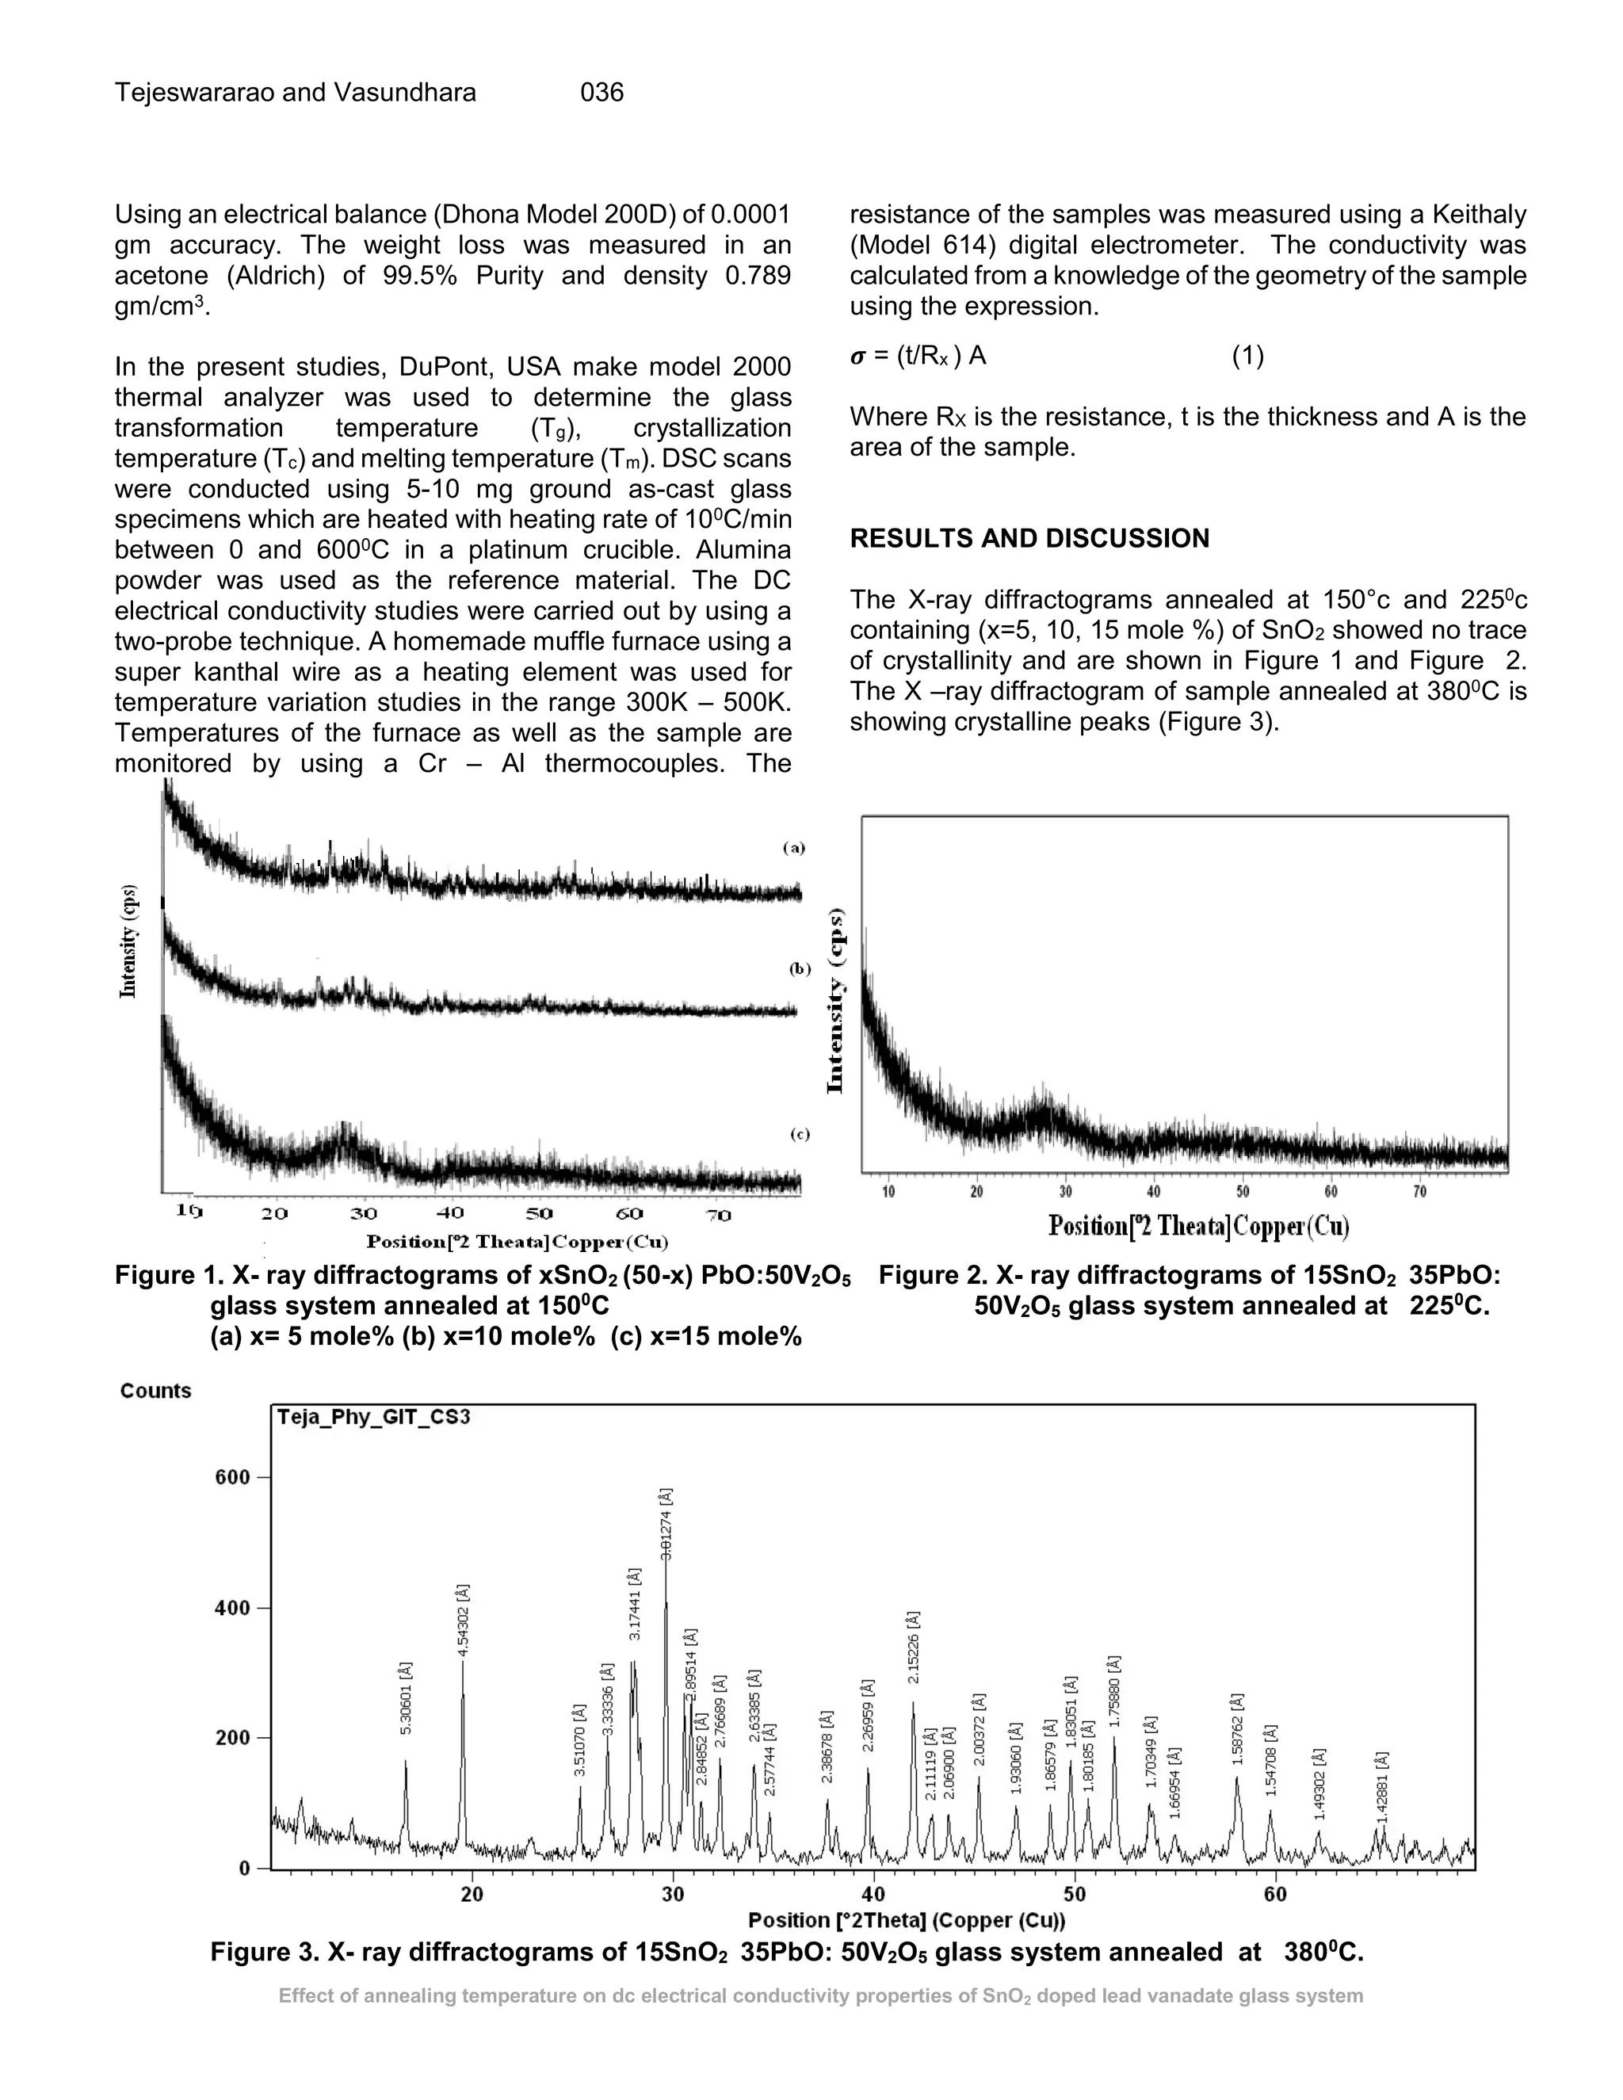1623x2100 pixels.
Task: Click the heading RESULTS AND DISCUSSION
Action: coord(1029,538)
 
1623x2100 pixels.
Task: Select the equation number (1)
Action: coord(1248,356)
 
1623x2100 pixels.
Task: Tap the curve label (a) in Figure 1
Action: coord(792,848)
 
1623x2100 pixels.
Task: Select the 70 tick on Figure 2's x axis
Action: coord(1419,1193)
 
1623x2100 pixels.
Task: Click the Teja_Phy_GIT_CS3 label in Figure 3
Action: coord(373,1418)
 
